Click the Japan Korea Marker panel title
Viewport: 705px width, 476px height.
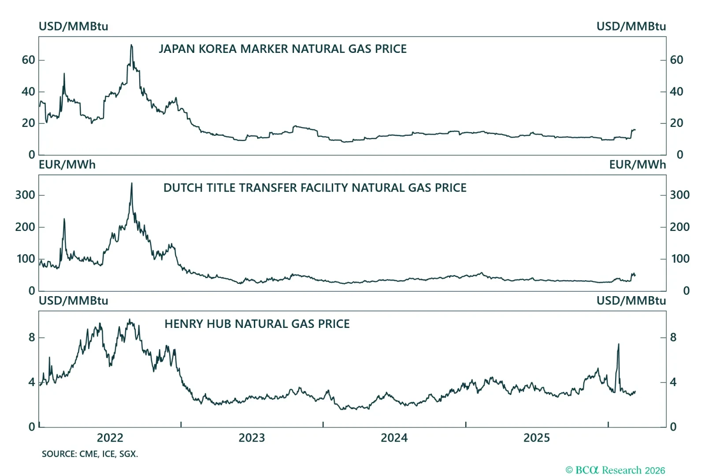(282, 49)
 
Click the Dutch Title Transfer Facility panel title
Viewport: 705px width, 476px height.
(315, 188)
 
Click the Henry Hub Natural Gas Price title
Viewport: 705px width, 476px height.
(257, 324)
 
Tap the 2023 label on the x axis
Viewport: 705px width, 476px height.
(252, 438)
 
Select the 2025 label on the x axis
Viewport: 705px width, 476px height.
(536, 438)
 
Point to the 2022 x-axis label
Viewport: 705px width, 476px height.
(110, 438)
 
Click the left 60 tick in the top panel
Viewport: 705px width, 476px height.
(28, 60)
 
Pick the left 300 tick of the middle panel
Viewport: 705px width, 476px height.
(25, 195)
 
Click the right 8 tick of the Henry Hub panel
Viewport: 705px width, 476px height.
(673, 338)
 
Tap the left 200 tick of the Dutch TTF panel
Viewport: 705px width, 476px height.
(25, 227)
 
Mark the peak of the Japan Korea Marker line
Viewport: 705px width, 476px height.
(131, 45)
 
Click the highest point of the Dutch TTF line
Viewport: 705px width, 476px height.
(131, 184)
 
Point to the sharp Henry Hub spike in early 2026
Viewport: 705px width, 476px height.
(618, 345)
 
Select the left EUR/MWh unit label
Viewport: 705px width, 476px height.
(67, 165)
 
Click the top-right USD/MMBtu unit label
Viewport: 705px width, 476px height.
(631, 26)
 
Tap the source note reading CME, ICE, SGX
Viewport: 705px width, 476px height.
(90, 454)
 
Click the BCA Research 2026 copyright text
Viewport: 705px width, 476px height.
(615, 470)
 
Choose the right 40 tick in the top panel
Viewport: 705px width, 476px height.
(676, 92)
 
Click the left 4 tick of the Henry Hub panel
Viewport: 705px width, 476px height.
(32, 382)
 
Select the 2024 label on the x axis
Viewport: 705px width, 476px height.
(394, 438)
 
